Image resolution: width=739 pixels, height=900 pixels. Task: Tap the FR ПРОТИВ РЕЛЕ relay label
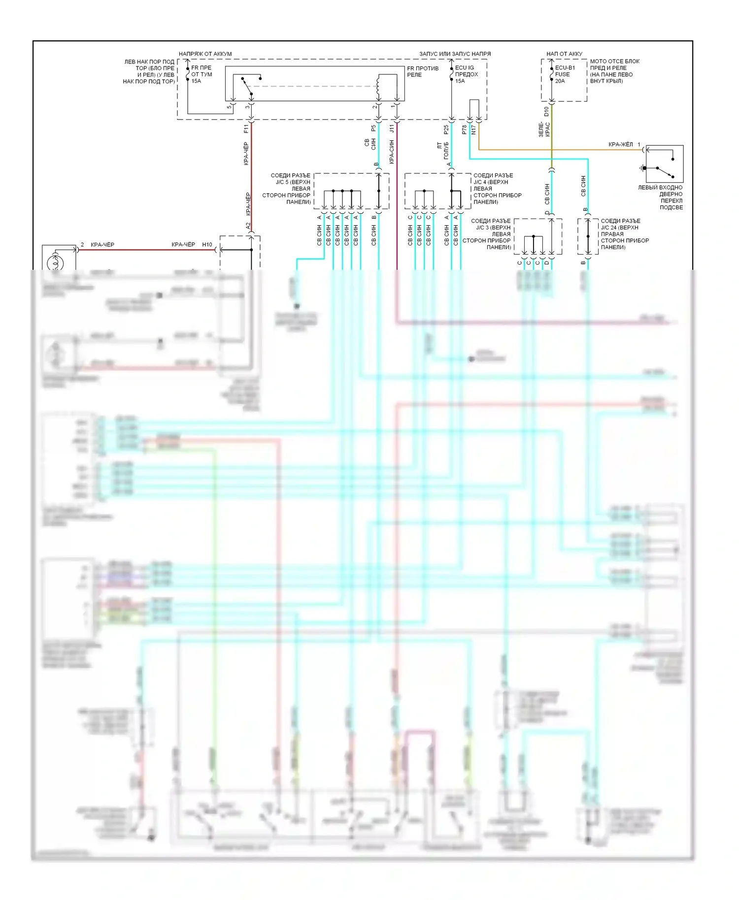click(422, 71)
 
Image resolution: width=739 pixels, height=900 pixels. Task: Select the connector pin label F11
click(246, 129)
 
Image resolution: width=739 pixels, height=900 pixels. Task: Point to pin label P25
click(446, 129)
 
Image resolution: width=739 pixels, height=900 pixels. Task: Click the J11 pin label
click(392, 129)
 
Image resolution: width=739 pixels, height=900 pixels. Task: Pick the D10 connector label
click(546, 111)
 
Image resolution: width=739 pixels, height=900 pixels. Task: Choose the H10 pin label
click(207, 245)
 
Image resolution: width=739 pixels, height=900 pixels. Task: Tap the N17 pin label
click(473, 129)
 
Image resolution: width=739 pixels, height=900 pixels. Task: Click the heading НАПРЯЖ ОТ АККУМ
click(205, 54)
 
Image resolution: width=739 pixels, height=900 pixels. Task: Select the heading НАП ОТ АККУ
click(564, 54)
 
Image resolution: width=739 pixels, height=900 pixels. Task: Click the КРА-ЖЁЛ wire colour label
click(620, 145)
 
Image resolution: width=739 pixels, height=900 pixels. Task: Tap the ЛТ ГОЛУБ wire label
click(443, 151)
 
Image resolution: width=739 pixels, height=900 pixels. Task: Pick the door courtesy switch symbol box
click(664, 164)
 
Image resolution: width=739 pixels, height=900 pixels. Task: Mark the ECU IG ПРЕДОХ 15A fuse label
click(466, 74)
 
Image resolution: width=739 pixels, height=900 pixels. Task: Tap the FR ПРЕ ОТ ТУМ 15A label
click(202, 74)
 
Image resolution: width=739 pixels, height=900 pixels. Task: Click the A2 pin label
click(248, 225)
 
